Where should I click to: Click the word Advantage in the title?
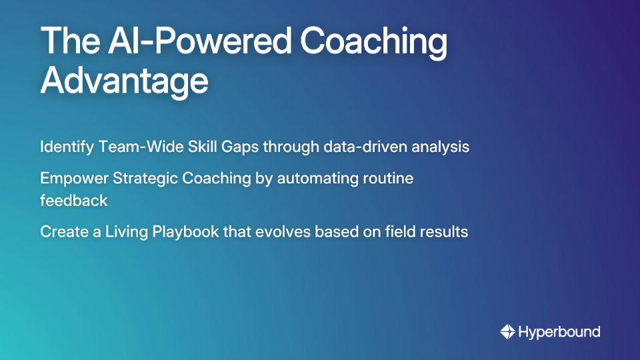tap(124, 81)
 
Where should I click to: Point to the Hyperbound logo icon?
tap(507, 331)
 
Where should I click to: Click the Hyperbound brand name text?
tap(559, 331)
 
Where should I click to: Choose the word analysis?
tap(440, 147)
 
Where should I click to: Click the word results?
tap(446, 232)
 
